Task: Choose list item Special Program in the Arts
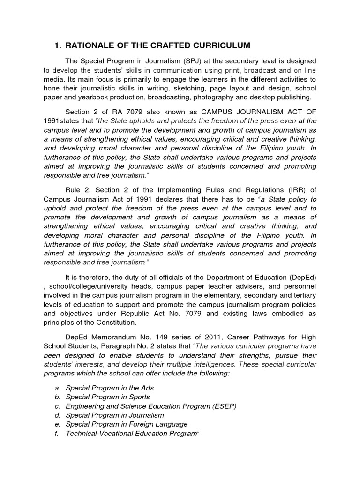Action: [110, 389]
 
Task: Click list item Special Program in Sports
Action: [108, 397]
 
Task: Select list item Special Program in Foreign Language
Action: [127, 424]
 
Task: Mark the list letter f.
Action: [56, 434]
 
